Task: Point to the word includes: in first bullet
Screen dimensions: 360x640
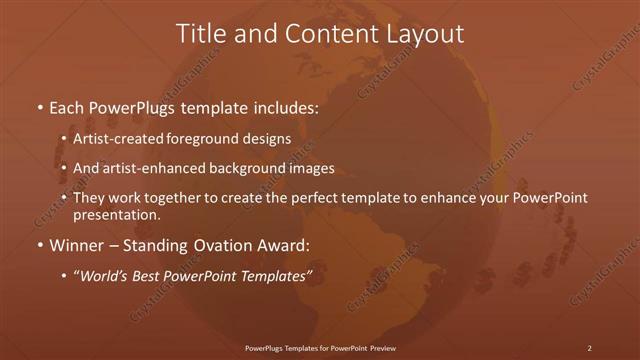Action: coord(285,105)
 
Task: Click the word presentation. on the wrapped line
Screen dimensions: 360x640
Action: coord(116,215)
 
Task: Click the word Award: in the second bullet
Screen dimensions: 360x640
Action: coord(287,246)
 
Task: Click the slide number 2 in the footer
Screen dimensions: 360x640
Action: coord(590,348)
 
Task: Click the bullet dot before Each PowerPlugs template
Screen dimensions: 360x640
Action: coord(39,106)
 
